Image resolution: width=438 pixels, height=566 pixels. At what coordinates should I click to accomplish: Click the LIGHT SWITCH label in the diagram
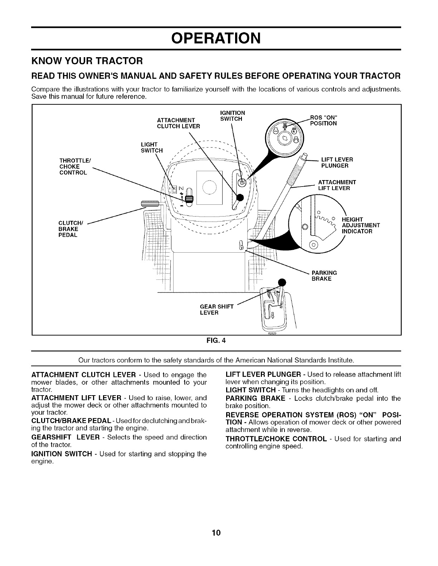click(152, 147)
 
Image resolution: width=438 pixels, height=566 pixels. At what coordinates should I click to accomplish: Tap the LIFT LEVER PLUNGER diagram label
click(337, 163)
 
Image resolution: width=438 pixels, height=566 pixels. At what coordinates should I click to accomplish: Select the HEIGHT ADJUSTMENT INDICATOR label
click(360, 225)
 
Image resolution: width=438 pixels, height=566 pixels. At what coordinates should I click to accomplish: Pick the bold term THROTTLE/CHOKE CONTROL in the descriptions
click(276, 439)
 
